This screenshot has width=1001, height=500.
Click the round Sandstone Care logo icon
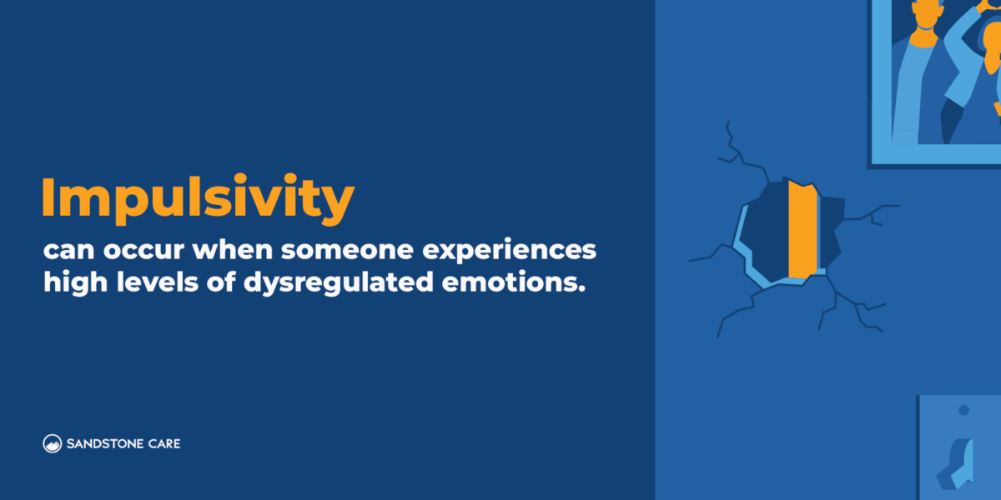coord(53,443)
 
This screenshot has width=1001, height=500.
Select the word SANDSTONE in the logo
coord(104,443)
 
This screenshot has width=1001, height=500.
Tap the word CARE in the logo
coord(163,443)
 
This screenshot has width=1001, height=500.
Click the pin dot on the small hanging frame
coord(963,410)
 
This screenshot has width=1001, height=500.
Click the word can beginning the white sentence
coord(64,251)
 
